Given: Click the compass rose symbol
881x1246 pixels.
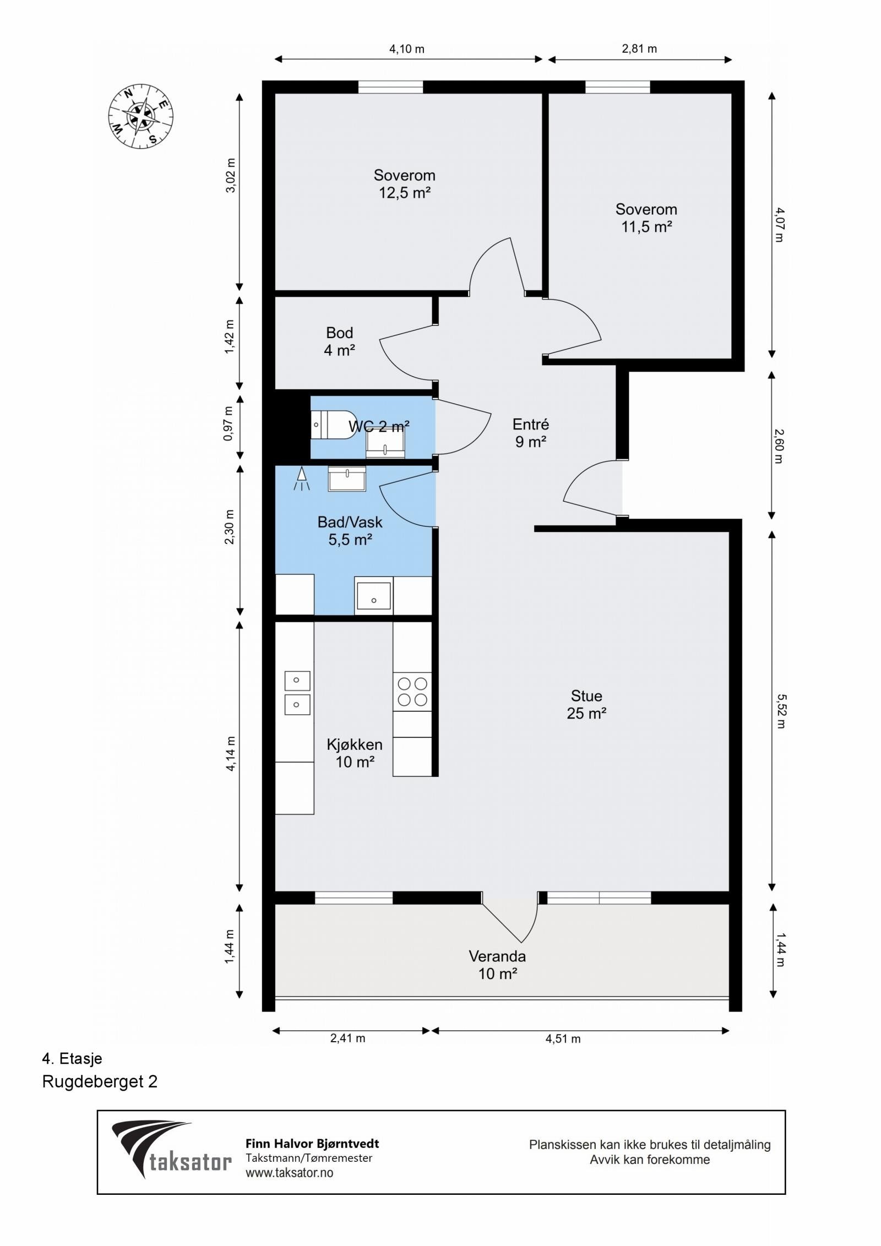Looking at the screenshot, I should [140, 116].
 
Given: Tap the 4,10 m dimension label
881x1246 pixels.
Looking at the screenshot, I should [406, 49].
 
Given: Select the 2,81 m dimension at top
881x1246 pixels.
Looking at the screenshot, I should [639, 49].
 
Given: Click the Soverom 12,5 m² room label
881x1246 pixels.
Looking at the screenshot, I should [404, 184].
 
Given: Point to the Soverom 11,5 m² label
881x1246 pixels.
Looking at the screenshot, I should [646, 218].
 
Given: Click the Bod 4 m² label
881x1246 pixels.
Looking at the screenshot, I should [339, 341].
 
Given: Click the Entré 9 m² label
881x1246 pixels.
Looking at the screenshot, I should [531, 433].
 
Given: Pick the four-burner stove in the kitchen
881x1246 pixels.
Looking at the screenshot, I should [412, 692].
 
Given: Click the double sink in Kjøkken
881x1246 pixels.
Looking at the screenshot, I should [297, 693].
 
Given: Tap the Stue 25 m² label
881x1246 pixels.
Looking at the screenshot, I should [586, 704].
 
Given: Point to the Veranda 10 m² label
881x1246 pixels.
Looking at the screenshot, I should [497, 965].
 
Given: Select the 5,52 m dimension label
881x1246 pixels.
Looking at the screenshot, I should [780, 711].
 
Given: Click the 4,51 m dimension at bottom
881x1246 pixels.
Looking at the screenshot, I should [563, 1039].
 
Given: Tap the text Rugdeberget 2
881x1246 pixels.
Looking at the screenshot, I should [100, 1082].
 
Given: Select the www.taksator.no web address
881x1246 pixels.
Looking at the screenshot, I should [289, 1173].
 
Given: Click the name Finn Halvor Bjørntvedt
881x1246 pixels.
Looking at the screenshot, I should [312, 1144].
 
